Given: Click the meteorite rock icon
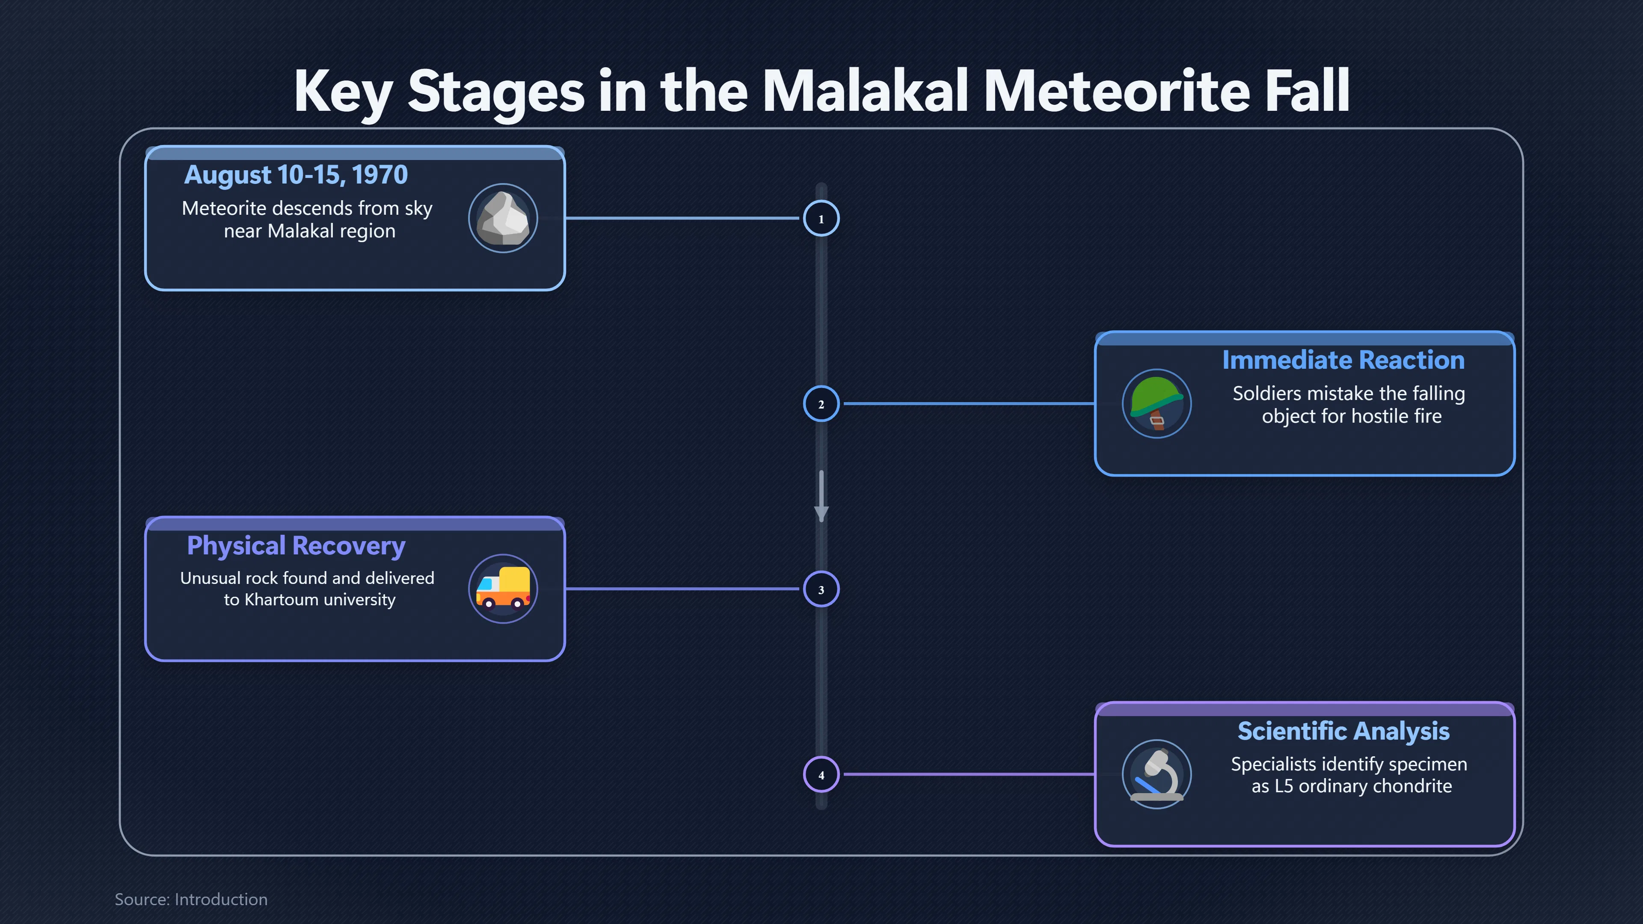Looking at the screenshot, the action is [x=503, y=218].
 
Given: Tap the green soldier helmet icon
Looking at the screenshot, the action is [x=1157, y=404].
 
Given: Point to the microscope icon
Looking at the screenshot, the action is [x=1157, y=774].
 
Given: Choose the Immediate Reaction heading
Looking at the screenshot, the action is [x=1343, y=360].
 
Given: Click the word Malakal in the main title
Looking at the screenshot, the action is [x=866, y=91].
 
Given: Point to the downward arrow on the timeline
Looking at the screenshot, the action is [x=821, y=496].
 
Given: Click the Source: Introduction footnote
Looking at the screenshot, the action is [x=191, y=899].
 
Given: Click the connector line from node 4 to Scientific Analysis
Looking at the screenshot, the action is [x=970, y=774].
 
